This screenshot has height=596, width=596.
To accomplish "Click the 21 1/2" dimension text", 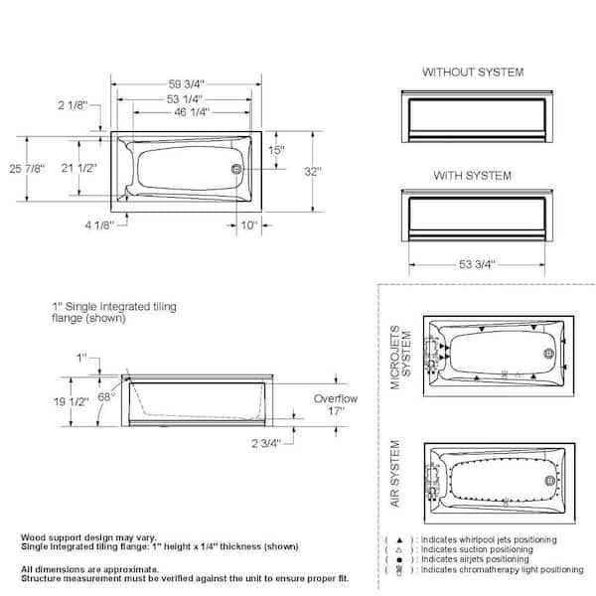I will pos(79,169).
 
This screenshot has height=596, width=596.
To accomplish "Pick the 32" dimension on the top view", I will pos(314,172).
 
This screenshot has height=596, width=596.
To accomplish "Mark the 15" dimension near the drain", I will pos(276,151).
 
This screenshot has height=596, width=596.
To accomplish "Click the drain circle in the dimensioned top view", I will pos(237,170).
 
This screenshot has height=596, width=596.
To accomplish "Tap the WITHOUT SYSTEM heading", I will pos(473,73).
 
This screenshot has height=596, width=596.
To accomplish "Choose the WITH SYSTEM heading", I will pos(473,176).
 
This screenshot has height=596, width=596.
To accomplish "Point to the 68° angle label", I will pos(106,395).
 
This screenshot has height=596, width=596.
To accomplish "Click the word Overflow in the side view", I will pos(335,398).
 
